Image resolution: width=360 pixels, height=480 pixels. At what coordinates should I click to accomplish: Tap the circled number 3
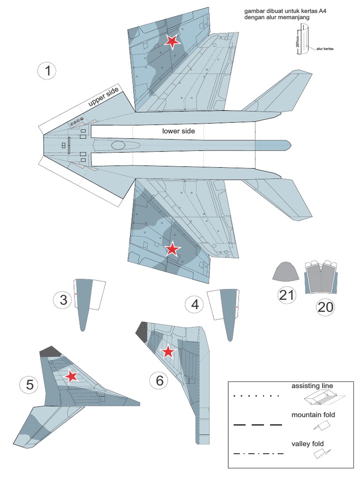(x=63, y=300)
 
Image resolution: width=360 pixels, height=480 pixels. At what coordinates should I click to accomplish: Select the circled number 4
(x=195, y=305)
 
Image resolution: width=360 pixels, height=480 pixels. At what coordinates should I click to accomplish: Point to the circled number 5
(x=30, y=385)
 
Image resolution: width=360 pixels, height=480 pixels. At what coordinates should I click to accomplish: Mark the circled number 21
(x=287, y=295)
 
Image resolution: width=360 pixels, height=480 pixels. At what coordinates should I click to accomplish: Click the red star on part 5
(x=71, y=376)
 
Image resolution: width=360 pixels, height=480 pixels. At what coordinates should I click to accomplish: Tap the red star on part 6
(x=168, y=352)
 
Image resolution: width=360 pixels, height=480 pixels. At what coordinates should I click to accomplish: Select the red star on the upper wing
(x=172, y=42)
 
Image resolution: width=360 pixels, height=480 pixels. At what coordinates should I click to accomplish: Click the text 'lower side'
(x=179, y=131)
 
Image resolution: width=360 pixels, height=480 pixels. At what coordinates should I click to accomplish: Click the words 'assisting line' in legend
(x=312, y=386)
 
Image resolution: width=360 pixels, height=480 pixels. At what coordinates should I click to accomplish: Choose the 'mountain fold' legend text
(x=313, y=415)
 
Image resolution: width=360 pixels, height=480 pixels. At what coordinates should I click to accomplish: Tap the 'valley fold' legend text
(x=307, y=443)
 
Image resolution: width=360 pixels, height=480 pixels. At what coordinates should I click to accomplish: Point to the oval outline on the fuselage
(x=119, y=145)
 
